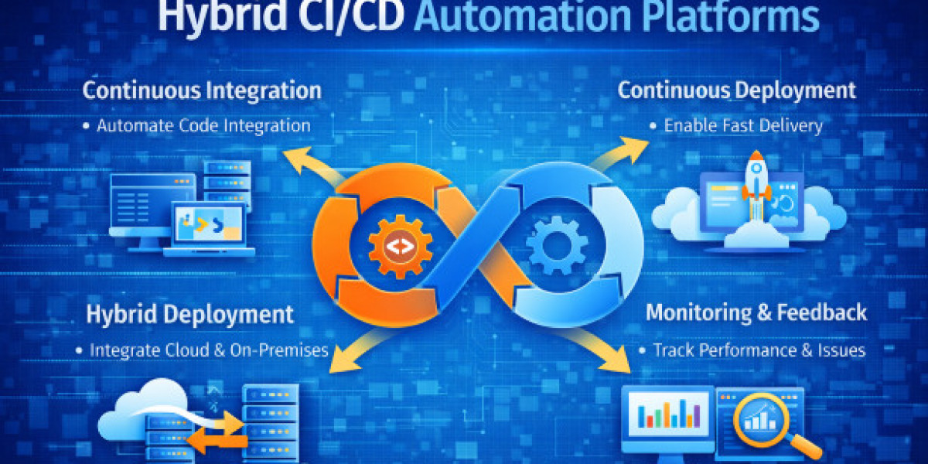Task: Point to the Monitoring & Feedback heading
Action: coord(756,312)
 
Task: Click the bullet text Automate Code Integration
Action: coord(203,126)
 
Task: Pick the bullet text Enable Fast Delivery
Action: coord(743,126)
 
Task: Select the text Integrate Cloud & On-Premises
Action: coord(209,350)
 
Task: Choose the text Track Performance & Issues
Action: coord(759,350)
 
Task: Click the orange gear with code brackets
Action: coord(401,247)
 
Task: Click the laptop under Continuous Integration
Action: coord(210,229)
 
